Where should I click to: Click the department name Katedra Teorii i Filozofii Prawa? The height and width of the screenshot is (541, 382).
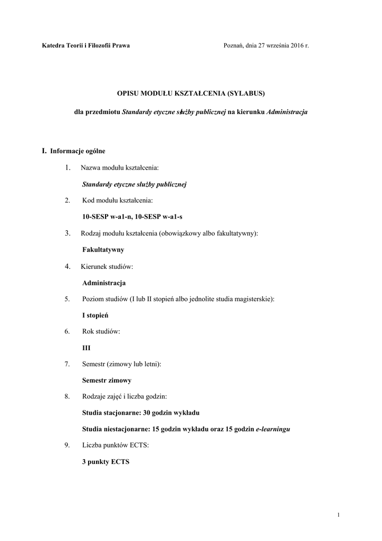point(86,46)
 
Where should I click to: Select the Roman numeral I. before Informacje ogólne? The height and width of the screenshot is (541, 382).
point(44,151)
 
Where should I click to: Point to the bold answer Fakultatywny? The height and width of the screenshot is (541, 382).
point(103,250)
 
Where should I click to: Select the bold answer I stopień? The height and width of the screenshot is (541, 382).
point(96,315)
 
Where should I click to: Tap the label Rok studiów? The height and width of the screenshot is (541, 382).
point(101,332)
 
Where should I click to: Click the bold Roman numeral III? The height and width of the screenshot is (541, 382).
point(87,348)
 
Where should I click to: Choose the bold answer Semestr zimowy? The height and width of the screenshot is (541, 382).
point(107,380)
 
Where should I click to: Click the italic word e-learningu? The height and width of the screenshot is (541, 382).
point(273,430)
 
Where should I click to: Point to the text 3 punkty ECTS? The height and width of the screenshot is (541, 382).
point(106,462)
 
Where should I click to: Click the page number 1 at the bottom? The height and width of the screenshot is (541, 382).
point(338,514)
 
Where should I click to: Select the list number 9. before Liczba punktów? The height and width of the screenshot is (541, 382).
point(68,445)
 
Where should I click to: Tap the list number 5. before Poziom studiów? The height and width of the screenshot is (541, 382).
point(68,299)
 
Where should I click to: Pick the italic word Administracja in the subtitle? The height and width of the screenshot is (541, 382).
point(288,112)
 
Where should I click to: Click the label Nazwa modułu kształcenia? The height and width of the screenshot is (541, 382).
point(119,168)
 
